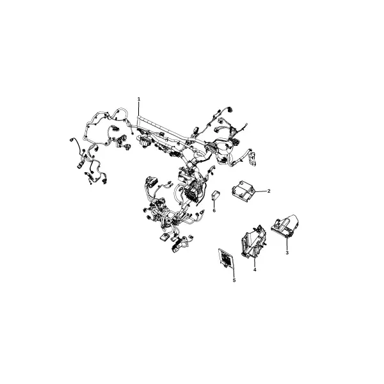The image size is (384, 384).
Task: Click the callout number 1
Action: pos(139,99)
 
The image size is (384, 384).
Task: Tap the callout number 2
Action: pos(269,191)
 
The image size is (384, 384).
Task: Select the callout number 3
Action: pos(287,253)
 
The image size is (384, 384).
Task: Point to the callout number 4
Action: pos(255,269)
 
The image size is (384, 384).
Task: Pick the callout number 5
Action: pos(234,280)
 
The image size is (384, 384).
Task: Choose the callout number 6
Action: pos(214,211)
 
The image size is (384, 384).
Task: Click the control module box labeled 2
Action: pos(243,189)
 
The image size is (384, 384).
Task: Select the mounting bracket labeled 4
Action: pos(253,241)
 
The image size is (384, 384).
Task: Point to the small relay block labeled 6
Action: pos(216,195)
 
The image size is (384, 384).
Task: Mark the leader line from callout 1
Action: pos(139,109)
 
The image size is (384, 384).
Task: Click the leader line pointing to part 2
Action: pos(261,191)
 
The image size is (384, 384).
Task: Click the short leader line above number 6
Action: pos(214,204)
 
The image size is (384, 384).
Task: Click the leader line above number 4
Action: pos(255,261)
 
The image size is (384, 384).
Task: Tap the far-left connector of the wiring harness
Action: pos(72,140)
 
